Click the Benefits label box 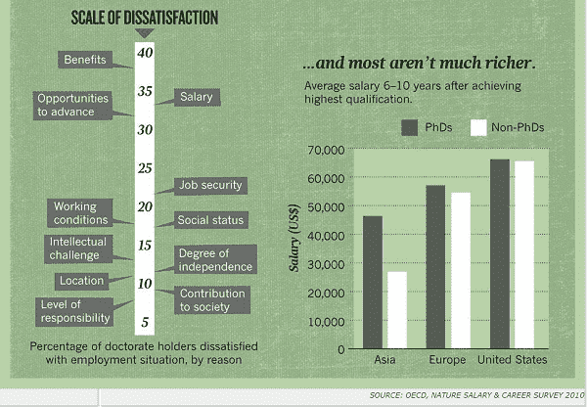[x=86, y=61]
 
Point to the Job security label [x=210, y=185]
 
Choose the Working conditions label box [x=80, y=213]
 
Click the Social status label [x=210, y=220]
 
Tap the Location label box [x=81, y=281]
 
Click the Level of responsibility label [x=73, y=311]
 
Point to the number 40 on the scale [x=144, y=54]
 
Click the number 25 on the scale [x=144, y=168]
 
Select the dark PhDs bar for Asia [x=373, y=282]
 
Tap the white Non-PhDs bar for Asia [x=396, y=309]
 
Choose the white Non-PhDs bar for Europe [x=460, y=270]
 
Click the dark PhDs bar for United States [x=500, y=253]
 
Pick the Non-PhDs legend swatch [x=479, y=127]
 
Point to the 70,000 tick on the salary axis [x=326, y=150]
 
